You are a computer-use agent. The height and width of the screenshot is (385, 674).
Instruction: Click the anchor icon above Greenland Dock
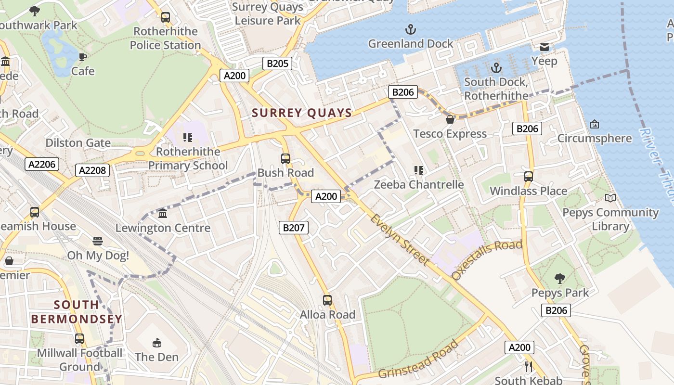click(x=410, y=30)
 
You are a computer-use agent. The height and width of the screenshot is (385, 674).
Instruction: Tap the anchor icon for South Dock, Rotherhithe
click(x=496, y=68)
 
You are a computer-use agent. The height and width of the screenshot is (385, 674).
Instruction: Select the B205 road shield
click(x=277, y=64)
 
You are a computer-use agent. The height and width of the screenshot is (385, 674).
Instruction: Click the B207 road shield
click(x=293, y=228)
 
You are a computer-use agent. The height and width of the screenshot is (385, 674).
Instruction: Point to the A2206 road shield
click(x=42, y=164)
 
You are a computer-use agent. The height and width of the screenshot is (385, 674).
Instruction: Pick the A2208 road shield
click(x=92, y=170)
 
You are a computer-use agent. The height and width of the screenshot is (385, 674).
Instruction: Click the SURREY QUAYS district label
click(x=302, y=113)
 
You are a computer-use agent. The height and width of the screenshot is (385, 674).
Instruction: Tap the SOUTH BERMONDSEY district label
click(x=77, y=312)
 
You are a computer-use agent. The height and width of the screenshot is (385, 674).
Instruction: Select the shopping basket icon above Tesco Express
click(x=450, y=119)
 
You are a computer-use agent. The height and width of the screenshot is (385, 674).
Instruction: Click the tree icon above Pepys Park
click(x=559, y=278)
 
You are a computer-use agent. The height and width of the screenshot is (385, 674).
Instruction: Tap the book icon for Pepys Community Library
click(x=610, y=198)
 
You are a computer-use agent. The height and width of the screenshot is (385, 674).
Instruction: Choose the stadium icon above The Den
click(x=156, y=343)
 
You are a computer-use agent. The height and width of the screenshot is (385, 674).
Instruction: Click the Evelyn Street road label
click(x=399, y=239)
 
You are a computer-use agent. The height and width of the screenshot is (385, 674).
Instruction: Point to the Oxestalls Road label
click(x=487, y=260)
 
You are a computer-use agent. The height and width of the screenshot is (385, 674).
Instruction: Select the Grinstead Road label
click(x=418, y=359)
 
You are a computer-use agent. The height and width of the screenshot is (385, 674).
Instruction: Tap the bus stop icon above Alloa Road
click(x=327, y=300)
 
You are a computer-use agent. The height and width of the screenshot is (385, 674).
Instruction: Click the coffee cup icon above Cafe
click(x=83, y=57)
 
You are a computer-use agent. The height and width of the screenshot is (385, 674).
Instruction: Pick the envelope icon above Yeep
click(x=544, y=47)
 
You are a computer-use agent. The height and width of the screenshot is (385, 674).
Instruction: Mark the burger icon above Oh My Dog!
click(x=98, y=241)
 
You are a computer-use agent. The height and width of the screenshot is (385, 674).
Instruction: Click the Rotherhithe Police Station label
click(x=165, y=38)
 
